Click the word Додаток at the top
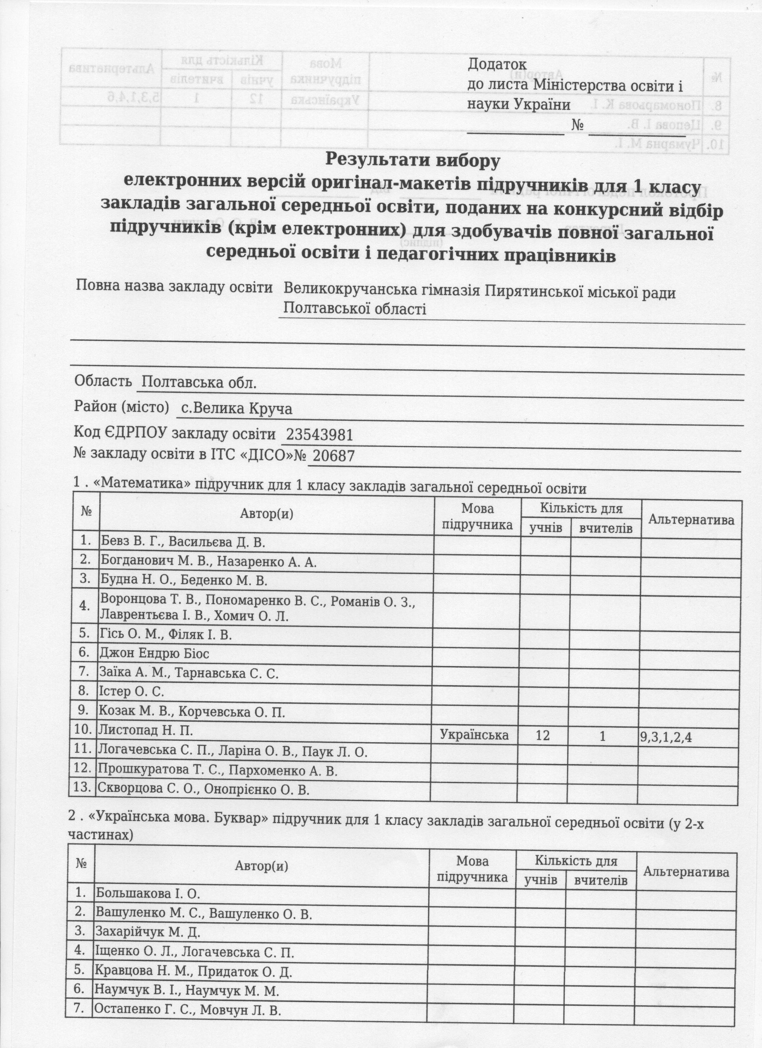pos(497,64)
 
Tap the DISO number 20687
pos(333,456)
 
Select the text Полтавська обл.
pos(199,383)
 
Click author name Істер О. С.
pos(131,691)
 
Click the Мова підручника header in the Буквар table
pos(472,869)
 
